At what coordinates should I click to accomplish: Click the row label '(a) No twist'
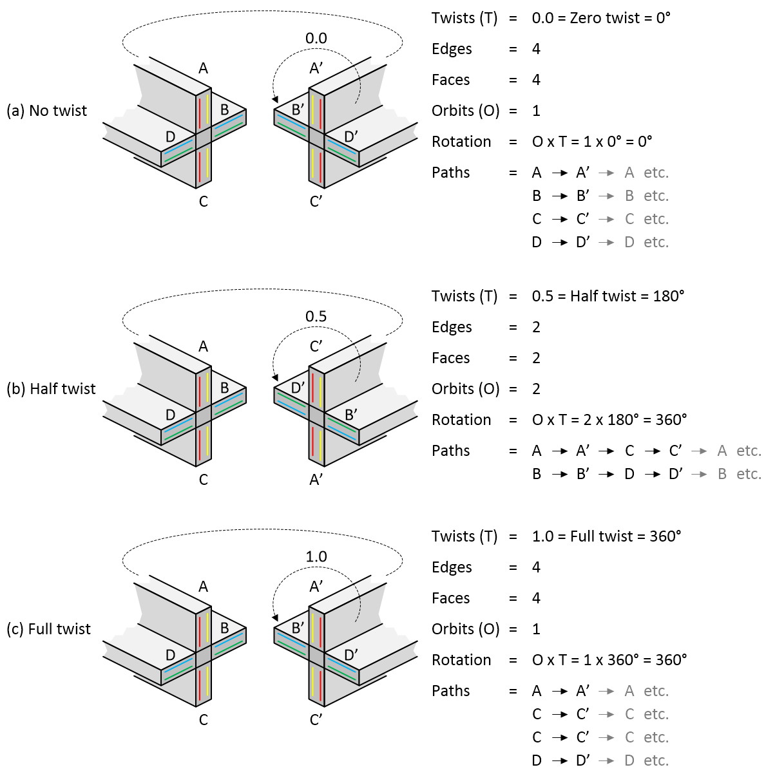pos(46,111)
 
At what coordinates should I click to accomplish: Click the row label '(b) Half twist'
pos(51,389)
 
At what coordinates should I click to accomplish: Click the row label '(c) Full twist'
pos(49,629)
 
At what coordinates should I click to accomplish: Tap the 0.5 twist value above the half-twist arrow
pos(316,316)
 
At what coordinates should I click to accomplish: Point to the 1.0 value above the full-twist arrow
pos(316,556)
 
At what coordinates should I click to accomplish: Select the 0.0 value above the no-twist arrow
pos(316,39)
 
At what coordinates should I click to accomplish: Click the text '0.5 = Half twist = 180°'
pos(608,296)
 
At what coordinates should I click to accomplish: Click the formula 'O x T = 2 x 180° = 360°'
pos(609,420)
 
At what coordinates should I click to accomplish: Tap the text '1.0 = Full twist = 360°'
pos(606,536)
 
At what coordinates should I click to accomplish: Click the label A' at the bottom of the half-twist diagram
pos(316,480)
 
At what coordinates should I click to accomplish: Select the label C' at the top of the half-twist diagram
pos(316,346)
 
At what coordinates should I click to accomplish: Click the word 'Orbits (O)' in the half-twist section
pos(465,389)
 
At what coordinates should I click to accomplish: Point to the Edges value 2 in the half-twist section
pos(536,327)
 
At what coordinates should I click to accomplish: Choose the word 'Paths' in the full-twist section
pos(450,691)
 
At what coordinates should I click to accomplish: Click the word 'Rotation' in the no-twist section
pos(461,142)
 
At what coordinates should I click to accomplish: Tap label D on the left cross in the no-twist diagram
pos(170,137)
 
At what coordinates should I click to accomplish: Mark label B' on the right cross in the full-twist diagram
pos(298,627)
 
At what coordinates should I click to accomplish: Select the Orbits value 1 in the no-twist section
pos(536,111)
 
